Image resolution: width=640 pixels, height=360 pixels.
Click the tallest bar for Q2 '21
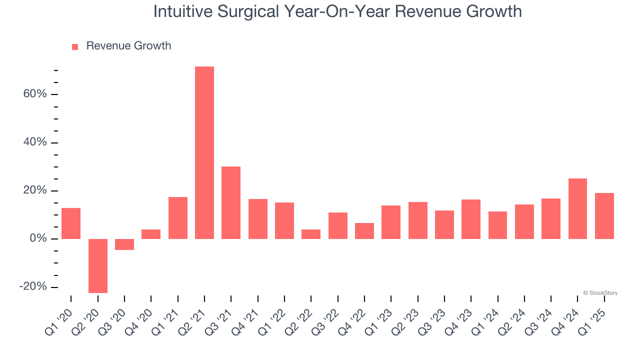pos(204,152)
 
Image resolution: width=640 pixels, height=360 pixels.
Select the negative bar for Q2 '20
pos(98,265)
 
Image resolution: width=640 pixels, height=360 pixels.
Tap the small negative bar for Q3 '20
pos(124,244)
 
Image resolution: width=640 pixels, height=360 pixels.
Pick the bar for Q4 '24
pos(577,208)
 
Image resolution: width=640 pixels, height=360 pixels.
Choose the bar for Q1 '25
pos(604,216)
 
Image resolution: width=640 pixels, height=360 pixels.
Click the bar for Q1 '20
pos(71,223)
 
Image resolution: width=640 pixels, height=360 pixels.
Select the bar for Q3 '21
pos(231,202)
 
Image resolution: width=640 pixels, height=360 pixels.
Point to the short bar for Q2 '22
pos(311,234)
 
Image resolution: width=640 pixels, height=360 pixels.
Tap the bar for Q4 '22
pos(364,231)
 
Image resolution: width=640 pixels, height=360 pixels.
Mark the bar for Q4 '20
pos(151,234)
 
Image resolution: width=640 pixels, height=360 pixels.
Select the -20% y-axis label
pos(33,287)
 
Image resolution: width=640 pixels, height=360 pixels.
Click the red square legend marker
pos(75,46)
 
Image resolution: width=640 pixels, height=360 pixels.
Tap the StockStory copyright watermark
pos(600,293)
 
